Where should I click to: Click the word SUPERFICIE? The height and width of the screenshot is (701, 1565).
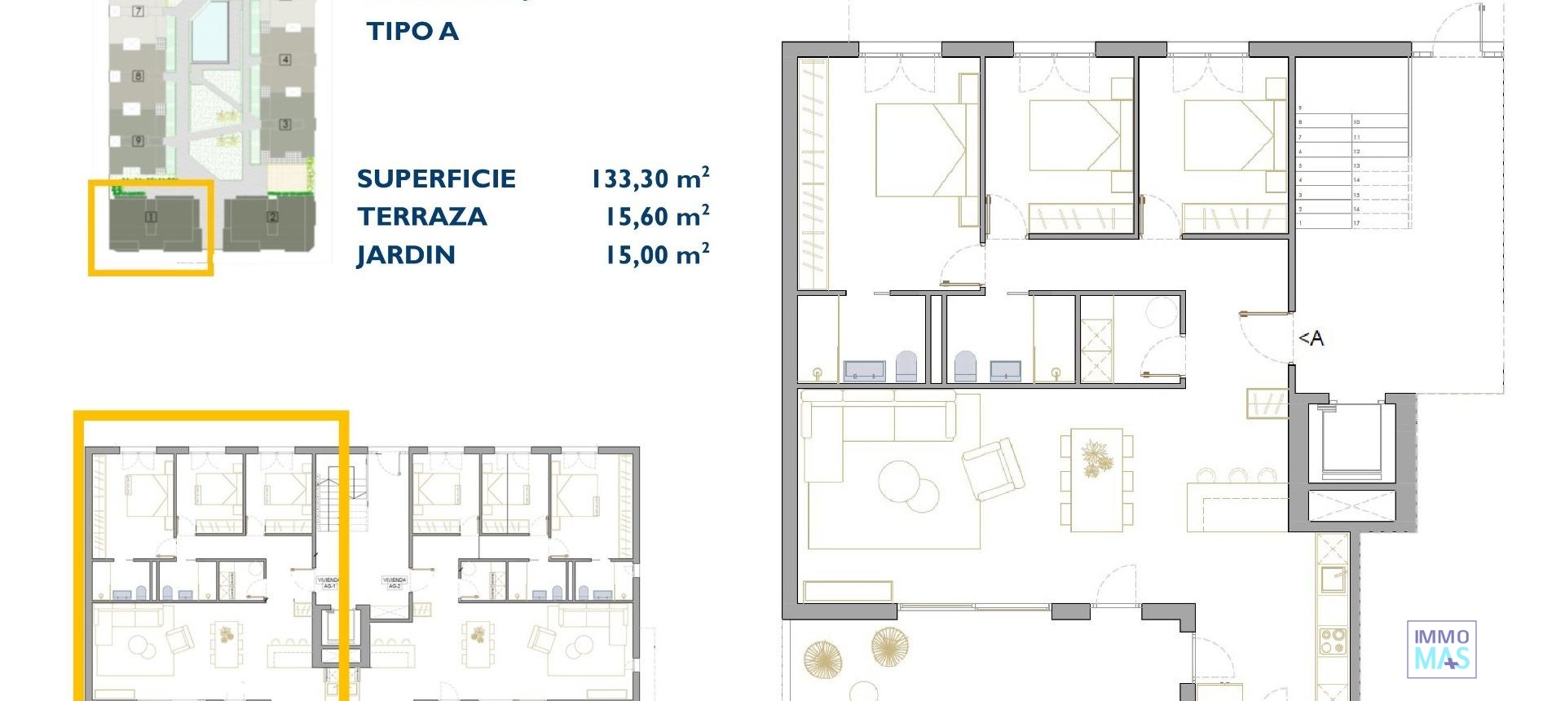click(436, 179)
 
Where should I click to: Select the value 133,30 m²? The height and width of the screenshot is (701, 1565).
click(650, 179)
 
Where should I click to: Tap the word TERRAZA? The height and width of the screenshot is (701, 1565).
click(421, 217)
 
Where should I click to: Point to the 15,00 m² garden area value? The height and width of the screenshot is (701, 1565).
click(656, 255)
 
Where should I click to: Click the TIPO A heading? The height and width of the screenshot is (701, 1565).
click(412, 32)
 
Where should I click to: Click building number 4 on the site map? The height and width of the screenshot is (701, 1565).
click(284, 60)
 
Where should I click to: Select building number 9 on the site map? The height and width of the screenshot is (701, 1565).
click(138, 141)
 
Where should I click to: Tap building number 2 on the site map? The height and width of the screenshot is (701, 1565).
click(272, 217)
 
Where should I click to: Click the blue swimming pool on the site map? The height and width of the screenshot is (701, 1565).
click(209, 32)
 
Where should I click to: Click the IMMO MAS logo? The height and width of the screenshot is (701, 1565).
click(1441, 650)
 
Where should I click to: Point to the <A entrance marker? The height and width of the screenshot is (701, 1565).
click(1311, 338)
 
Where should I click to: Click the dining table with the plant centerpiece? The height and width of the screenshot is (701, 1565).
click(1096, 480)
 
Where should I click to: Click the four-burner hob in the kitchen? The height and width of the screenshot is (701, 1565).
click(1332, 641)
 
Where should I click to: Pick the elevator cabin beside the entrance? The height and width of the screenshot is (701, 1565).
click(1351, 443)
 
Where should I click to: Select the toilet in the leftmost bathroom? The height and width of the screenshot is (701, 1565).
click(906, 367)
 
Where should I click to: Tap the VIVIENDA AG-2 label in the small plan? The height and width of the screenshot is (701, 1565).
click(394, 583)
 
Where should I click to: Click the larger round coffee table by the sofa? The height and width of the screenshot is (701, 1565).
click(899, 479)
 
